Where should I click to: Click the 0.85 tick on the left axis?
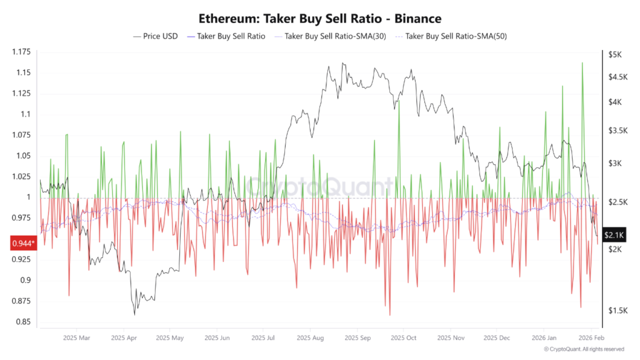coord(23,322)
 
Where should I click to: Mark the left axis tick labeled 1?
coord(27,197)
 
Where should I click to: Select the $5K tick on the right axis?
coord(614,55)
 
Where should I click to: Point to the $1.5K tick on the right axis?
coord(616,311)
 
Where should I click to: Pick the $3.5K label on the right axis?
coord(616,131)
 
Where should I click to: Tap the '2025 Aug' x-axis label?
coord(309,338)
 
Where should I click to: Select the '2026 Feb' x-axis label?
coord(590,338)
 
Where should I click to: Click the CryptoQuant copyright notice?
coord(584,349)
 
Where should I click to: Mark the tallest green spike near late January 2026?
coord(582,63)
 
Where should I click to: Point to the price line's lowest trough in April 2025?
coord(134,314)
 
